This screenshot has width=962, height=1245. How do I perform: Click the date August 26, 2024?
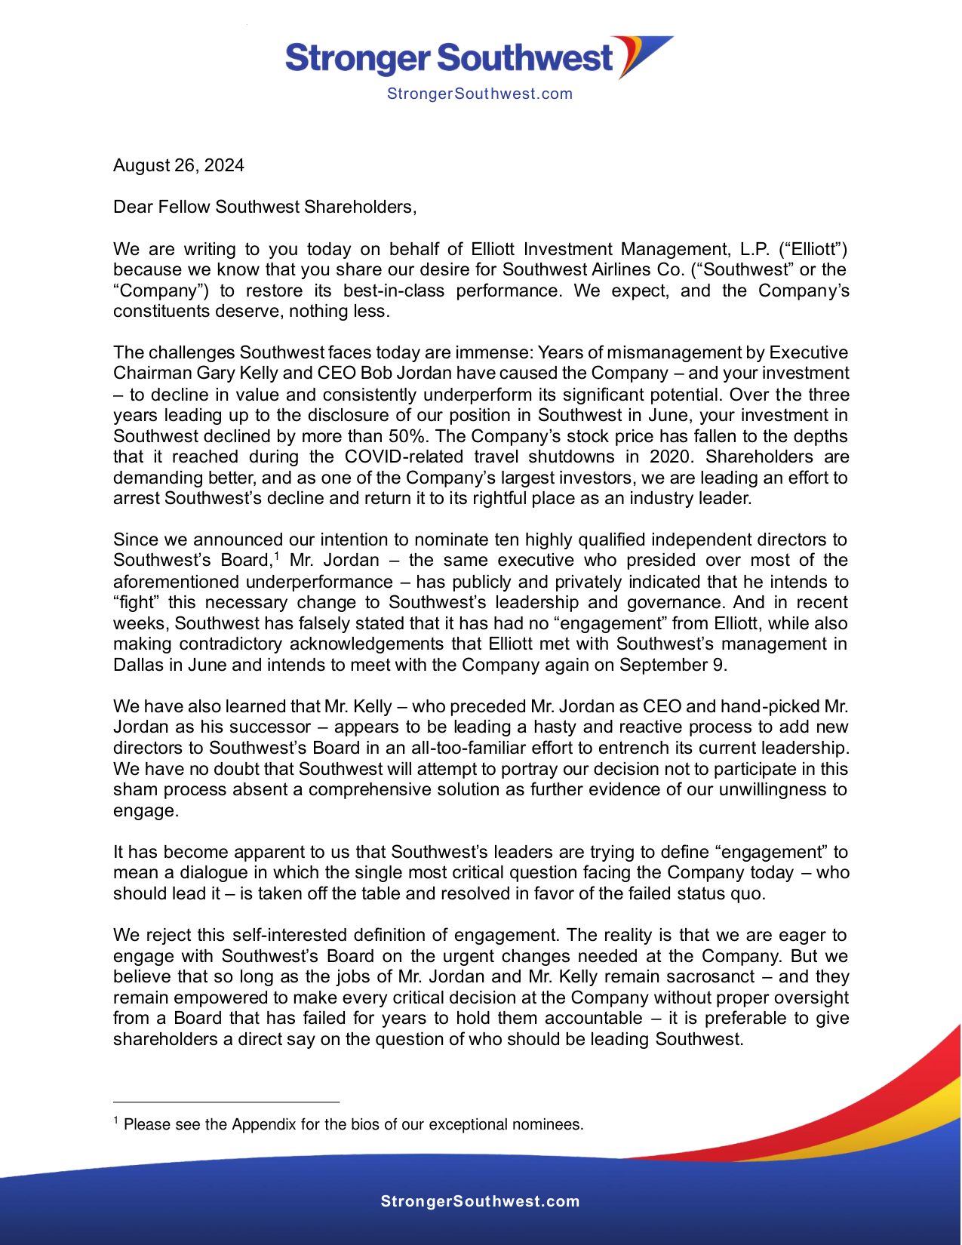click(178, 165)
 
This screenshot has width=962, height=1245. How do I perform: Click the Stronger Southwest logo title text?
click(449, 58)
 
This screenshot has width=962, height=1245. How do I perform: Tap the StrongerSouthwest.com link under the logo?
click(479, 94)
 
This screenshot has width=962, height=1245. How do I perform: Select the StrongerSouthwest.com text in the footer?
click(480, 1201)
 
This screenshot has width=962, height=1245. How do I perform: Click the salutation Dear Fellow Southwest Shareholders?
click(264, 207)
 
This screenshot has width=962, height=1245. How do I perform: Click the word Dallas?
click(137, 665)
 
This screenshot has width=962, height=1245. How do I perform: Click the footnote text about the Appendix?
click(353, 1124)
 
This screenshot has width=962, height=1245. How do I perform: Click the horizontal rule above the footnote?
click(226, 1102)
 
